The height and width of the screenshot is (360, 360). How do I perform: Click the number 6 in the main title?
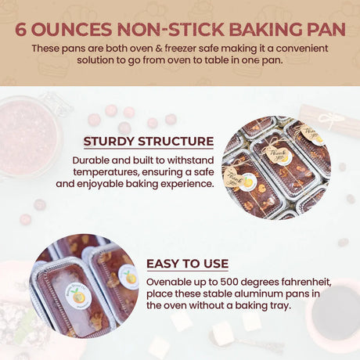click(21, 29)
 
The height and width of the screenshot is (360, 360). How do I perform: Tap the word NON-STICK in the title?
click(171, 29)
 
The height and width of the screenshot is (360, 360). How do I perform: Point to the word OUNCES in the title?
click(72, 29)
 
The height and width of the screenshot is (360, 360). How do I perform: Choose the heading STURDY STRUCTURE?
click(149, 142)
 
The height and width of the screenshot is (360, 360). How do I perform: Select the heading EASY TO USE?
click(187, 264)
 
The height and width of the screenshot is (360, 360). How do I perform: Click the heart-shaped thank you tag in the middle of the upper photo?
click(277, 154)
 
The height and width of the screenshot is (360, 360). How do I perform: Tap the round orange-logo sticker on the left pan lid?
click(78, 296)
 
